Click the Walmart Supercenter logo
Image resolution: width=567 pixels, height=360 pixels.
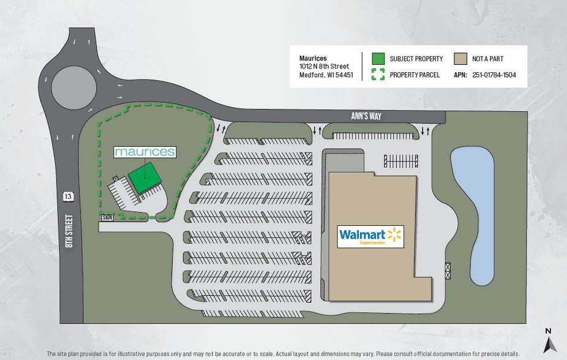[x=370, y=236]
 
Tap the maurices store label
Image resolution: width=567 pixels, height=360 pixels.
[x=145, y=151]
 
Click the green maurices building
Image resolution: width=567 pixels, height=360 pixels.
[x=145, y=178]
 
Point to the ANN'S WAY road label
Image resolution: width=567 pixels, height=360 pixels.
[x=367, y=116]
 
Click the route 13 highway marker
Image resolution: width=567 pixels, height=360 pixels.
[x=68, y=197]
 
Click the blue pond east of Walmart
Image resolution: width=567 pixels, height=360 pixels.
[x=473, y=215]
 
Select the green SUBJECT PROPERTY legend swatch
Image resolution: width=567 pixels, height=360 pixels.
[x=378, y=59]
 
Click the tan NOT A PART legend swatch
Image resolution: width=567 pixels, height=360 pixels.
[x=460, y=59]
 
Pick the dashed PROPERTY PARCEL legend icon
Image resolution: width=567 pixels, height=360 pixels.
[x=378, y=75]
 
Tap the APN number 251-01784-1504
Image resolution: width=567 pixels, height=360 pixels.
[x=494, y=75]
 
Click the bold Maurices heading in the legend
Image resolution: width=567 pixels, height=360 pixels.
[x=313, y=58]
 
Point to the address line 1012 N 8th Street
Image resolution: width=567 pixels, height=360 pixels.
[x=324, y=66]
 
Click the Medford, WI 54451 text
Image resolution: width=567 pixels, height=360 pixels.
[x=326, y=75]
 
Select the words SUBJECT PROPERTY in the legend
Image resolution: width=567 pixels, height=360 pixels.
[x=416, y=59]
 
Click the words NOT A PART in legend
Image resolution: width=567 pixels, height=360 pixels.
[x=487, y=59]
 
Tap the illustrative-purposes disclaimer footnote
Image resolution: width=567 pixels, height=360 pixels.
[x=282, y=354]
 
